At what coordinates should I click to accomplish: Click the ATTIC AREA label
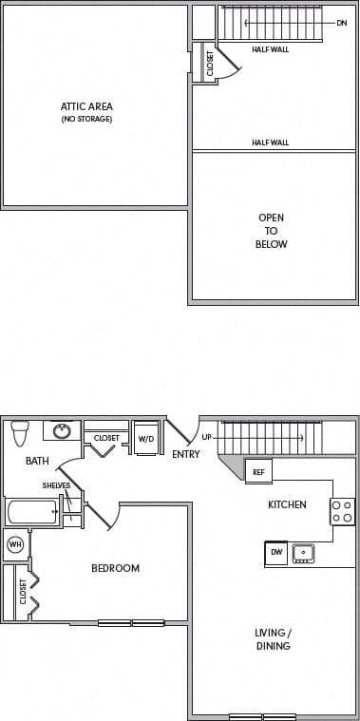click(x=86, y=106)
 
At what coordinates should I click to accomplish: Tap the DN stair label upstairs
click(x=342, y=22)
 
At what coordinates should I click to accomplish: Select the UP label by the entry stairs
click(x=207, y=437)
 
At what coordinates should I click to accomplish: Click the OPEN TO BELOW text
click(x=272, y=231)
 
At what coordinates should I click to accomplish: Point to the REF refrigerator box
click(x=257, y=469)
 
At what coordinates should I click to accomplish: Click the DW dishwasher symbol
click(x=276, y=551)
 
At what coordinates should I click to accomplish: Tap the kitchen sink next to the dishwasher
click(x=303, y=552)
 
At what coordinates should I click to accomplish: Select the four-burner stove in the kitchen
click(x=342, y=511)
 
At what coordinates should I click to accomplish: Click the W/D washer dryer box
click(x=146, y=438)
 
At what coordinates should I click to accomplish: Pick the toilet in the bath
click(x=19, y=432)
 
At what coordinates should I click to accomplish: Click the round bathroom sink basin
click(x=62, y=430)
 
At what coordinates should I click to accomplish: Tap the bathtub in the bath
click(x=34, y=513)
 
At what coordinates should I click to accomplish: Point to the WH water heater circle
click(x=15, y=544)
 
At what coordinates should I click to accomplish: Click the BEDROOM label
click(x=115, y=568)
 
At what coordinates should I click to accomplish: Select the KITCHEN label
click(x=287, y=504)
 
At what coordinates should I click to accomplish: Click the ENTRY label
click(x=185, y=454)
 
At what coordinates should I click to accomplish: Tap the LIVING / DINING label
click(x=273, y=639)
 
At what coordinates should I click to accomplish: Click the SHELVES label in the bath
click(x=56, y=484)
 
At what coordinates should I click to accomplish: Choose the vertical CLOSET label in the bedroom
click(x=23, y=590)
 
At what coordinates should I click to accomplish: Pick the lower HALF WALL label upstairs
click(x=271, y=142)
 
